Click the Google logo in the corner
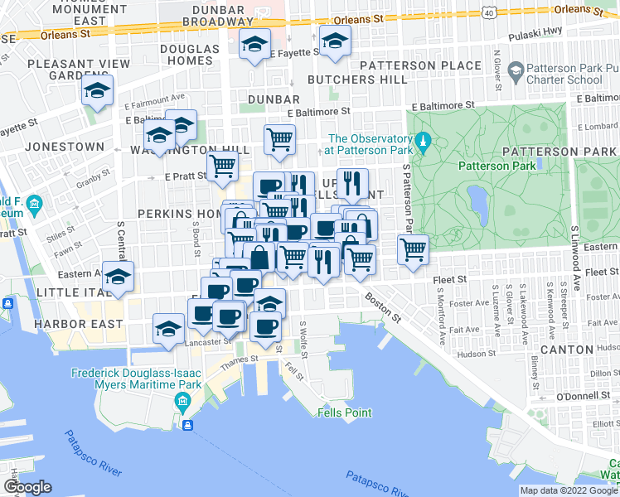[27, 487]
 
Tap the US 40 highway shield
[489, 12]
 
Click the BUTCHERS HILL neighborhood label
[357, 80]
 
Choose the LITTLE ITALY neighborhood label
[70, 292]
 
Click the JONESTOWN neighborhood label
[65, 147]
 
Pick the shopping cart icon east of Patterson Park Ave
[413, 249]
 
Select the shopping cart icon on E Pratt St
[222, 166]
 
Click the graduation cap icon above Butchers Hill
[335, 41]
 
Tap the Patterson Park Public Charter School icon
[515, 73]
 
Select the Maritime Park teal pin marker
[183, 403]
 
